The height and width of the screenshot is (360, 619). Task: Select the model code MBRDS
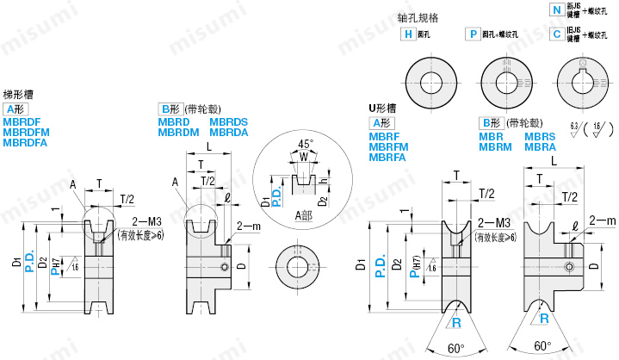[228, 121]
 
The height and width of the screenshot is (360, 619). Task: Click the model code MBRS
[540, 136]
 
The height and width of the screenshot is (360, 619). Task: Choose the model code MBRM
[495, 146]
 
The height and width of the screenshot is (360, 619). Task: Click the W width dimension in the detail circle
[303, 157]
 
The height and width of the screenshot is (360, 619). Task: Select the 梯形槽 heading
[18, 96]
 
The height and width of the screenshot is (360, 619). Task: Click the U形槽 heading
[382, 109]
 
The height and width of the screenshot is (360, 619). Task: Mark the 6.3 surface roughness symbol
[573, 128]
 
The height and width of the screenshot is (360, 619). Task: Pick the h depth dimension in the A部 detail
[320, 182]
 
